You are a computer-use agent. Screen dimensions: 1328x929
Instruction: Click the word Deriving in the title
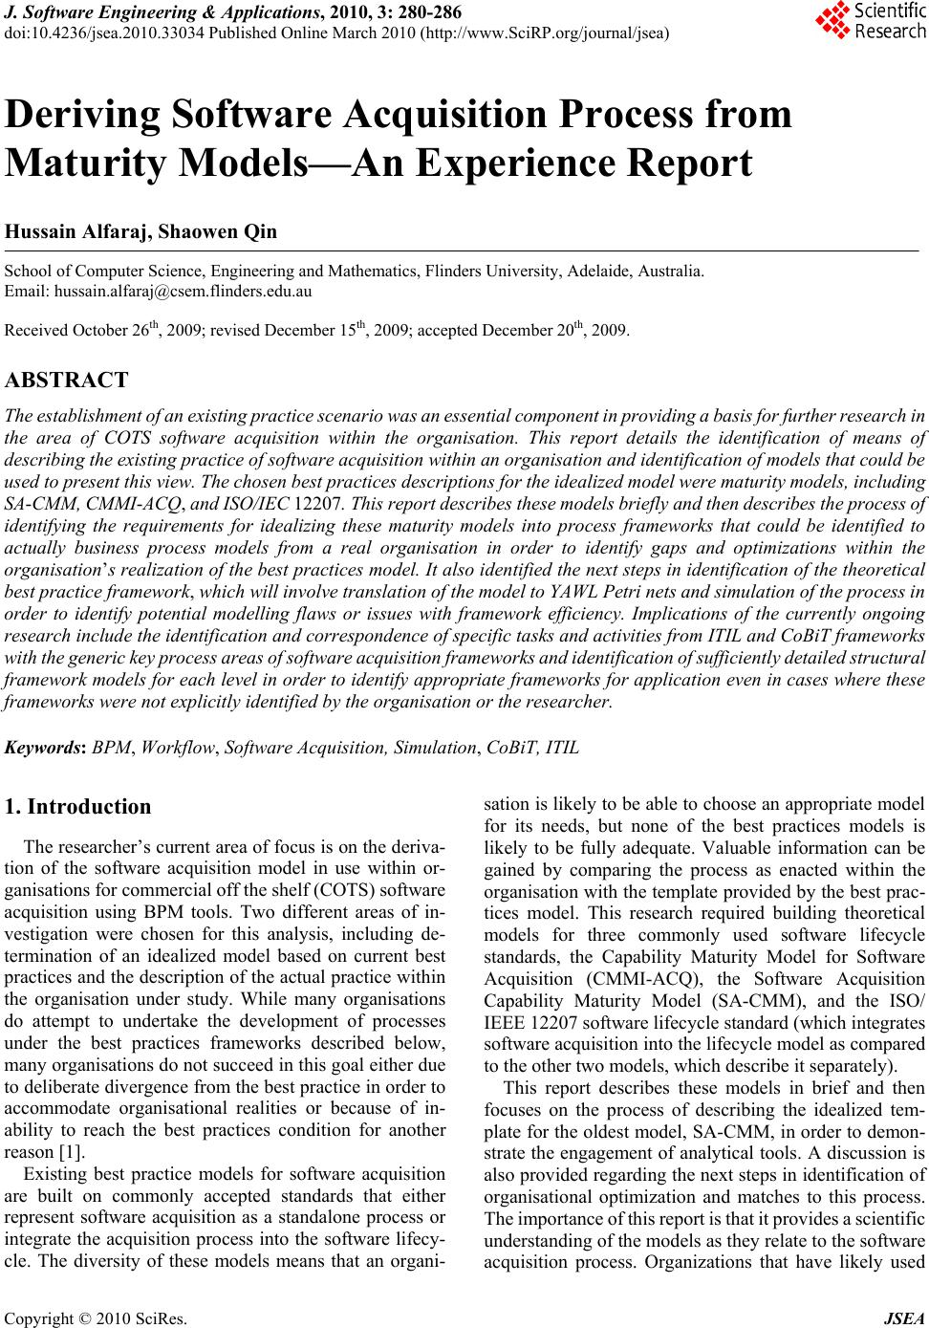pyautogui.click(x=83, y=116)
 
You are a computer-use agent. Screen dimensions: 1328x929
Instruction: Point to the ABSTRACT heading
pyautogui.click(x=67, y=380)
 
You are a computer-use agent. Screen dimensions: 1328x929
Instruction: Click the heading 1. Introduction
pyautogui.click(x=77, y=807)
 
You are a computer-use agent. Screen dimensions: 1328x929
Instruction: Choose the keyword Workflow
pyautogui.click(x=178, y=747)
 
